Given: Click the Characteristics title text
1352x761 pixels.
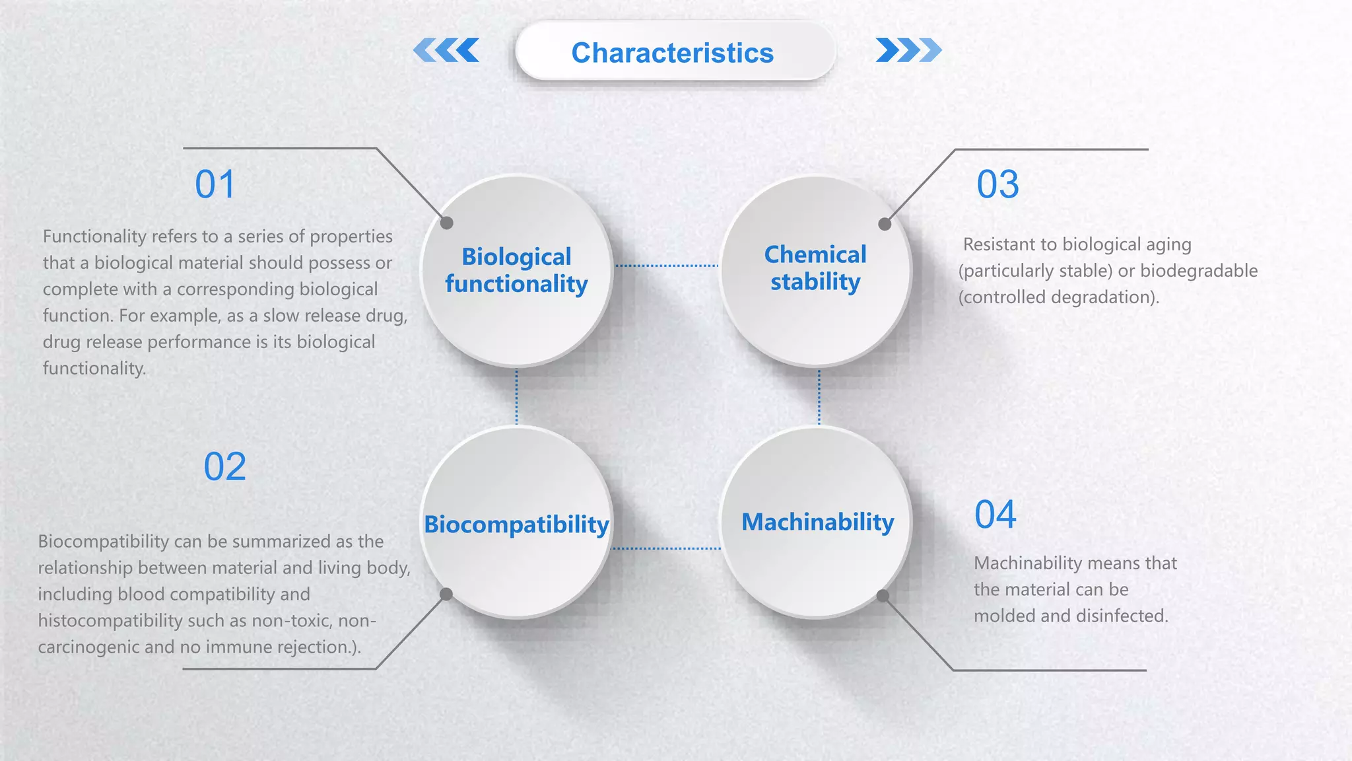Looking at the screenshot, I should tap(672, 53).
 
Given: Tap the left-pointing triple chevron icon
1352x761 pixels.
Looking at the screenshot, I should tap(447, 50).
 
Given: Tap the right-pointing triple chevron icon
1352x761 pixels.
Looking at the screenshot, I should tap(908, 50).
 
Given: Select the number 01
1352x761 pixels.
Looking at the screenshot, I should tap(215, 184).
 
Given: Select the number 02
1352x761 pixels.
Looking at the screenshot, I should tap(224, 467).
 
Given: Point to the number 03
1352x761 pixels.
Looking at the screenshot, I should tap(997, 184).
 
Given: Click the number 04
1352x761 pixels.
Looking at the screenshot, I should tap(995, 515).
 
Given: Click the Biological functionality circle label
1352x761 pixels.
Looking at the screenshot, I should tap(516, 270).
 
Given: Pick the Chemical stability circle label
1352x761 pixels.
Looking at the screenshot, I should tap(815, 268).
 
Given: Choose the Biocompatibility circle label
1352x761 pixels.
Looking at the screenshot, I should tap(516, 525).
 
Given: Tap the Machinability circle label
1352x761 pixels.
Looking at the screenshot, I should tap(817, 522).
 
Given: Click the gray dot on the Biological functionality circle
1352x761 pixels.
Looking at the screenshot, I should tap(447, 223).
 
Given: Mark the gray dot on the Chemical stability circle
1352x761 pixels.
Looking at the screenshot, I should tap(885, 224).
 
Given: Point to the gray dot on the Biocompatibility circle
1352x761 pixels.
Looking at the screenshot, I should tap(446, 594).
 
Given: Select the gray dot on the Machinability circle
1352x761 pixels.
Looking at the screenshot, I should tap(883, 596).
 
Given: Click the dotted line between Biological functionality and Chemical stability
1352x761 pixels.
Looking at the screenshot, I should tap(667, 266).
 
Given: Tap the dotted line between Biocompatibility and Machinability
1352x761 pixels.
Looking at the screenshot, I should tap(667, 548).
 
